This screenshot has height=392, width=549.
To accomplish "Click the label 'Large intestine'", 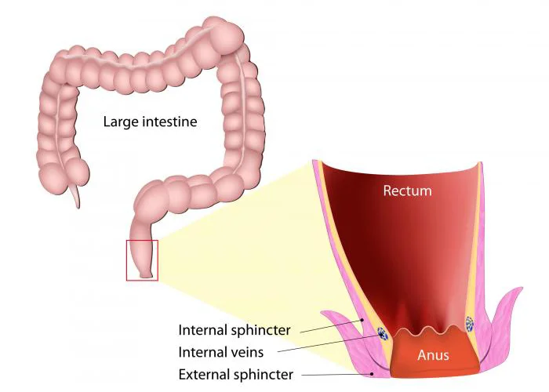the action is (151, 122).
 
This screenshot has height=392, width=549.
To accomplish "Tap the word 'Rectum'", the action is (408, 191).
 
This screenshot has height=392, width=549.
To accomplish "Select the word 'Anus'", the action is (433, 355).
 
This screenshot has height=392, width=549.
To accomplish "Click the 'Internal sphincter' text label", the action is (235, 330).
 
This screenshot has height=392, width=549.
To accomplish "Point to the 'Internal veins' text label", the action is (221, 352).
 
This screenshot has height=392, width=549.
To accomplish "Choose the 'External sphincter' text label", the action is (235, 375).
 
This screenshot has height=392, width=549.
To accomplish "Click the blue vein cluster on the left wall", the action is (383, 333).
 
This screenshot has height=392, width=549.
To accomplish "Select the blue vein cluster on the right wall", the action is (469, 324).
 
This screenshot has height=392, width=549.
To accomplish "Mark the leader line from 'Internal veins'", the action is (330, 343).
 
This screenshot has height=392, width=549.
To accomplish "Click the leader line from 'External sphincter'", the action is (336, 375).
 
